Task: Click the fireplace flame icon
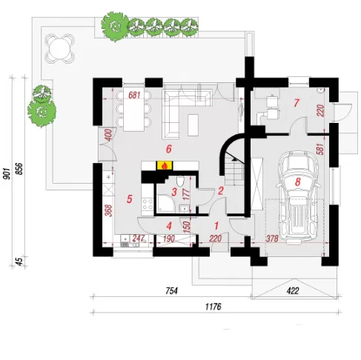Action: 165,166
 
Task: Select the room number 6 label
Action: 169,149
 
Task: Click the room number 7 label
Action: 297,103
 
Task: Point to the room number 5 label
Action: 130,199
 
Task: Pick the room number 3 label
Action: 174,192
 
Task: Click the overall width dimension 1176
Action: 213,307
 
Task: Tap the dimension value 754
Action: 171,291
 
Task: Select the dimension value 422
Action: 293,291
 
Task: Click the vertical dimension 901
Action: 7,174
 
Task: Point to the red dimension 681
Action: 134,95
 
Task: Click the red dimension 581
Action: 320,149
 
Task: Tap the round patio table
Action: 60,48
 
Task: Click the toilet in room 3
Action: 180,181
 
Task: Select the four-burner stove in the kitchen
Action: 148,204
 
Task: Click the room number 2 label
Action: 220,190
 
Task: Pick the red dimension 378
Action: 272,239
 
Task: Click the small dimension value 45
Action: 20,261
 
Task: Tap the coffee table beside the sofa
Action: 193,125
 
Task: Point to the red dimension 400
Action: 108,135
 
